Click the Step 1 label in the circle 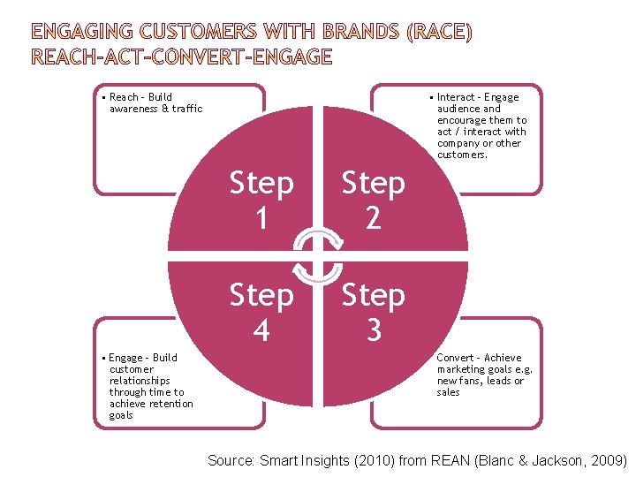click(261, 201)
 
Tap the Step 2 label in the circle click(373, 201)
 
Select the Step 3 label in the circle click(373, 312)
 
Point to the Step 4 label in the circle click(261, 312)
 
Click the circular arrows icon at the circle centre click(318, 256)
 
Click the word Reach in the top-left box click(124, 97)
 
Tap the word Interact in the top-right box click(457, 97)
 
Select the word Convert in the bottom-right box click(457, 358)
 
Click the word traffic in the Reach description click(186, 109)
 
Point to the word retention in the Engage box click(170, 404)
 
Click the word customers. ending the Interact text click(462, 155)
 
